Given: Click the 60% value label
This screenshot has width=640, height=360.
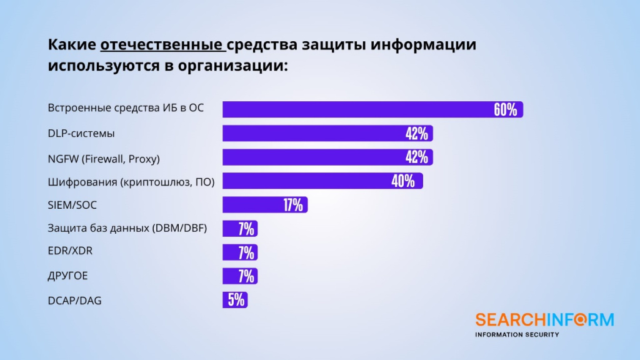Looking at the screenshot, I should click(x=505, y=110).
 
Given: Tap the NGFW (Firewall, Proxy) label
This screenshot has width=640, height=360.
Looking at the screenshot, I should click(x=104, y=159).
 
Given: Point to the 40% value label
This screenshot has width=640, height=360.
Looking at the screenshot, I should click(x=402, y=181).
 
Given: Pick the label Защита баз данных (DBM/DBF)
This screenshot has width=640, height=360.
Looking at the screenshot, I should click(x=127, y=229).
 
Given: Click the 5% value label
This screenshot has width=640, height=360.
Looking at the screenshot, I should click(x=236, y=300).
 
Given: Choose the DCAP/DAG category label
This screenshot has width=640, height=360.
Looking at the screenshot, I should click(x=74, y=301).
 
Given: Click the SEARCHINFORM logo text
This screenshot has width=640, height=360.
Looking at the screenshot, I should click(x=544, y=320).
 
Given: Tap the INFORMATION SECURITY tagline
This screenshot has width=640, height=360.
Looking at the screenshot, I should click(x=517, y=335).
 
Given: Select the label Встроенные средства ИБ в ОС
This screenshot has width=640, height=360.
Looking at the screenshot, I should click(x=126, y=108).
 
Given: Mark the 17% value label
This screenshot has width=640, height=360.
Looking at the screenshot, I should click(x=292, y=205).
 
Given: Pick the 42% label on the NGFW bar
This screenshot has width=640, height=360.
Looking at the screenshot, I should click(x=416, y=157).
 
